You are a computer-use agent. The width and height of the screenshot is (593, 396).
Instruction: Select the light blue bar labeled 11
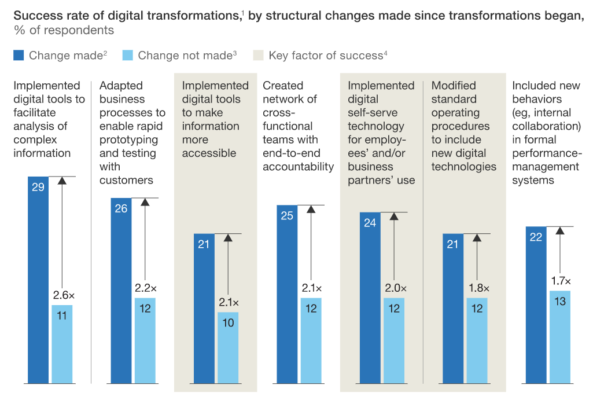click(x=62, y=344)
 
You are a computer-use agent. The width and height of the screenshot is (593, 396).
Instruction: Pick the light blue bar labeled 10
click(x=228, y=347)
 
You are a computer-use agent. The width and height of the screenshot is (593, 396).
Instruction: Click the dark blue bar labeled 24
click(x=370, y=298)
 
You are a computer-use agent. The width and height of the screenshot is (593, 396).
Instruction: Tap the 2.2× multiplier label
click(x=146, y=288)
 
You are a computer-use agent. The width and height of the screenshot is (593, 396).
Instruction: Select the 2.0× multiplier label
click(x=396, y=288)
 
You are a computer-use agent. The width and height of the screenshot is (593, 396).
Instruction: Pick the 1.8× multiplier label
click(x=478, y=288)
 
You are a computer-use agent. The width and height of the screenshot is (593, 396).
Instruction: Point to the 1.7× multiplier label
click(x=561, y=281)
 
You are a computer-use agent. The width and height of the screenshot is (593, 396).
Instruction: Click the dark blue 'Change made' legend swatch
click(x=19, y=56)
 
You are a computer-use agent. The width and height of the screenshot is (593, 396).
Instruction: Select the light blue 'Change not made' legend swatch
click(x=128, y=56)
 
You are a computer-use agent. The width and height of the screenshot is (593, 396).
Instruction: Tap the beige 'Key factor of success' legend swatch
click(x=259, y=56)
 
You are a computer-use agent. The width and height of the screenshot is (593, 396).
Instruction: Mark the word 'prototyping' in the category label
click(x=128, y=140)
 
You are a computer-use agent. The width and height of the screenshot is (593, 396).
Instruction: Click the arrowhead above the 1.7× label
click(x=560, y=230)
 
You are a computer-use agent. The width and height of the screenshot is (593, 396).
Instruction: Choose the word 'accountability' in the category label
click(x=299, y=167)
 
